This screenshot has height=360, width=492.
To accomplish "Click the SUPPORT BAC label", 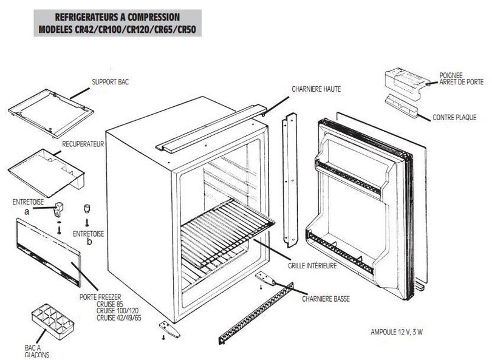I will point(110,81).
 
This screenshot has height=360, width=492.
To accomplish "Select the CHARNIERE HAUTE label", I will point(316,89).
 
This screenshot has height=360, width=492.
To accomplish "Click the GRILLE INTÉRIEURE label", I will point(312,265).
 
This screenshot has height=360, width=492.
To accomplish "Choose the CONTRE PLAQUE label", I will point(454,117).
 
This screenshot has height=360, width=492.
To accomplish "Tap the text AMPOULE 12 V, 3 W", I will point(397,332).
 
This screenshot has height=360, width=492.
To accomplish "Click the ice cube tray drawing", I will point(52,319).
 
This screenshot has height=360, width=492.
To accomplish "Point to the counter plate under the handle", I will point(401,106).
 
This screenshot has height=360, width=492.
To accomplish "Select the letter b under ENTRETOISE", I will point(89,241).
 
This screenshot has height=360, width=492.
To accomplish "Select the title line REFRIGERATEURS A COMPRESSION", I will point(117,17).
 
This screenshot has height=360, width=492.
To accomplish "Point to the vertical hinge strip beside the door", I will point(290,180).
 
